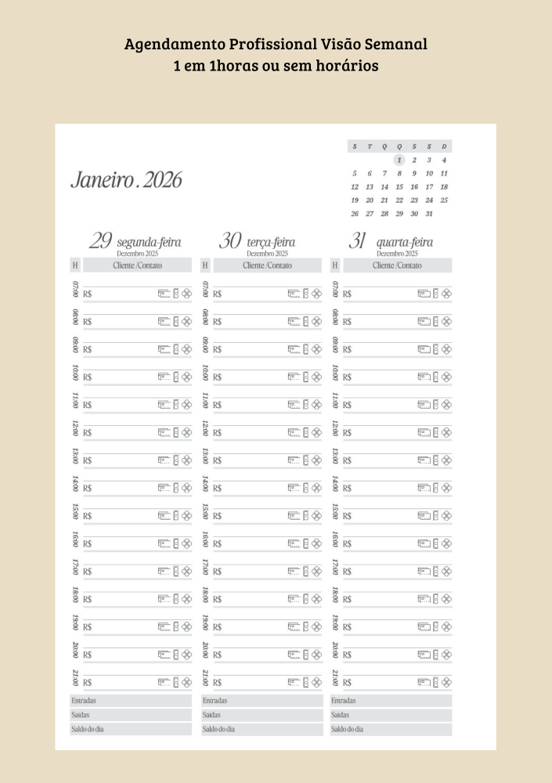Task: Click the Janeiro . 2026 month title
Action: (x=126, y=180)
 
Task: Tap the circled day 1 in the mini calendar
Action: (x=399, y=160)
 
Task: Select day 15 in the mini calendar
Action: (x=399, y=187)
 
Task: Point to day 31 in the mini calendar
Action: (x=429, y=214)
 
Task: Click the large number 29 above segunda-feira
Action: (x=100, y=240)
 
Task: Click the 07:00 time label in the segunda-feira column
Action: (x=75, y=289)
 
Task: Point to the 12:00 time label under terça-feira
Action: (x=205, y=428)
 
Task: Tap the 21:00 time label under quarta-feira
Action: (x=335, y=677)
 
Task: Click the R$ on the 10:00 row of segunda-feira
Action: (x=87, y=377)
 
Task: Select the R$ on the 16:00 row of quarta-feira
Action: (x=347, y=543)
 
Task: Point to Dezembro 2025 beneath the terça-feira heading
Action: (x=267, y=254)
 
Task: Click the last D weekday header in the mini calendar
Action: (x=444, y=146)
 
